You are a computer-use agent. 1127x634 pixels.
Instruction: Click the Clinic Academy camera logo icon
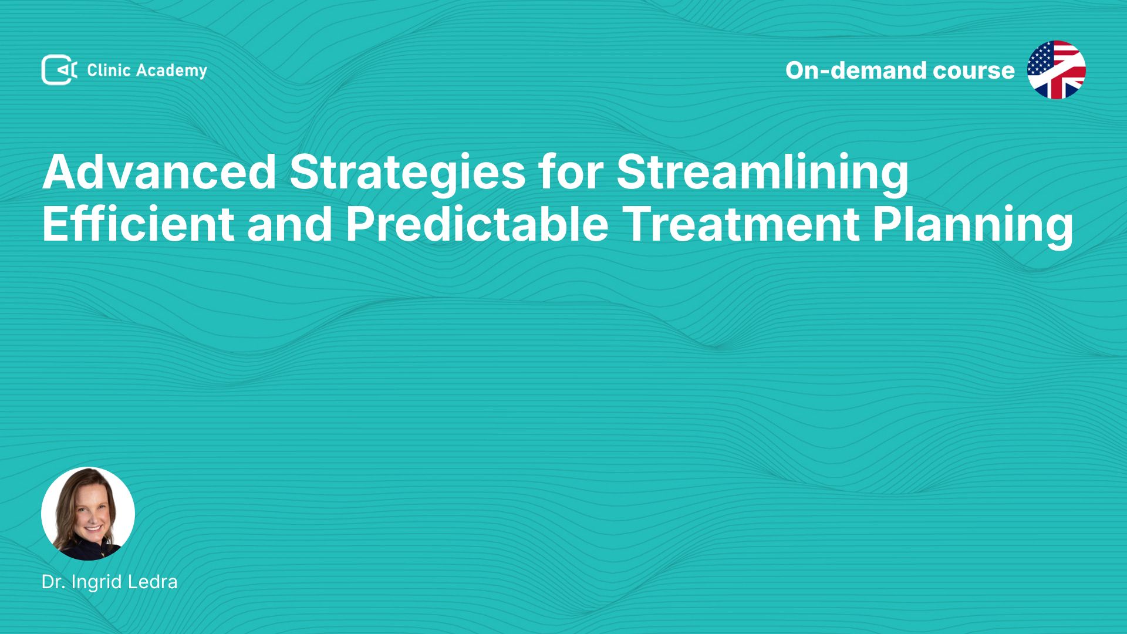tap(59, 70)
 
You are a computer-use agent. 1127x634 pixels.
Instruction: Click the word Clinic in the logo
tap(109, 70)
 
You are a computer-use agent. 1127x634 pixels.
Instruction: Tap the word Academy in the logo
tap(171, 71)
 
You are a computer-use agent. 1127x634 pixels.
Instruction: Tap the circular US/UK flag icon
tap(1057, 70)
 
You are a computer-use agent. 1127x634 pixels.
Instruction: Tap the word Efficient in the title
tap(139, 224)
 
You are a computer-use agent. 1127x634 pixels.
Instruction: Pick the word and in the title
tap(290, 224)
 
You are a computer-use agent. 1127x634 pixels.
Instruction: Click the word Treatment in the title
tap(741, 224)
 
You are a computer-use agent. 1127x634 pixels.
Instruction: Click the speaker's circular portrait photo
tap(88, 514)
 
